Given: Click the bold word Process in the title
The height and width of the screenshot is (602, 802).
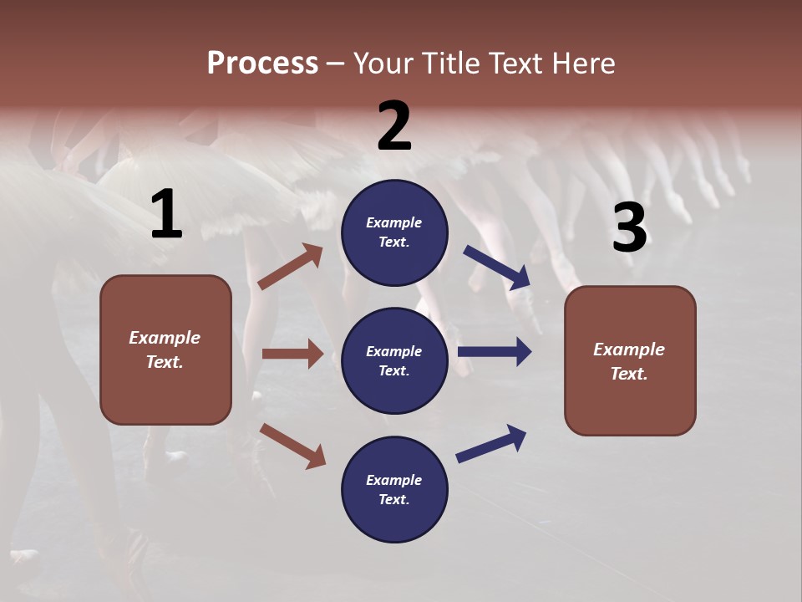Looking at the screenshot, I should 262,63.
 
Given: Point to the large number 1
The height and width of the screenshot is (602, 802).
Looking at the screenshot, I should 166,215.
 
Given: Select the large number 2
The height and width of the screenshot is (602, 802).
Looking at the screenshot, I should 394,126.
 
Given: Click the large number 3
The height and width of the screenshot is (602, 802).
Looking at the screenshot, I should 629,227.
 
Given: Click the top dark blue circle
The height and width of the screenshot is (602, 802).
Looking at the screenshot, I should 394,232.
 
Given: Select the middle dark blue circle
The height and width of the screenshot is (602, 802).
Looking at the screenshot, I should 394,360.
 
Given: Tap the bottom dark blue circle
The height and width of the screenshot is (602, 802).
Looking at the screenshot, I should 394,489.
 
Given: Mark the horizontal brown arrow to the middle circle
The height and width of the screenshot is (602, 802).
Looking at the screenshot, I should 292,354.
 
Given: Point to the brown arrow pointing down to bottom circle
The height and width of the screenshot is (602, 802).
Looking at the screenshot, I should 292,446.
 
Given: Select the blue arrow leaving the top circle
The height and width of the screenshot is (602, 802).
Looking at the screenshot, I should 497,267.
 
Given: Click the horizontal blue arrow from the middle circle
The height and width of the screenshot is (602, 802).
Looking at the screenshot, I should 494,351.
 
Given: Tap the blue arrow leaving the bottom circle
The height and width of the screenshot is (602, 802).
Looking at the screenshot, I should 491,444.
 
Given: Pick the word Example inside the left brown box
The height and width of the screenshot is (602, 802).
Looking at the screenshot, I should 165,338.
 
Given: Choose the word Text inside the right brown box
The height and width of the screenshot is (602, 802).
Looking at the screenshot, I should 628,374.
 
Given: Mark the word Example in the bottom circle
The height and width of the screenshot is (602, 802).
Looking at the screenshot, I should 393,480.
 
